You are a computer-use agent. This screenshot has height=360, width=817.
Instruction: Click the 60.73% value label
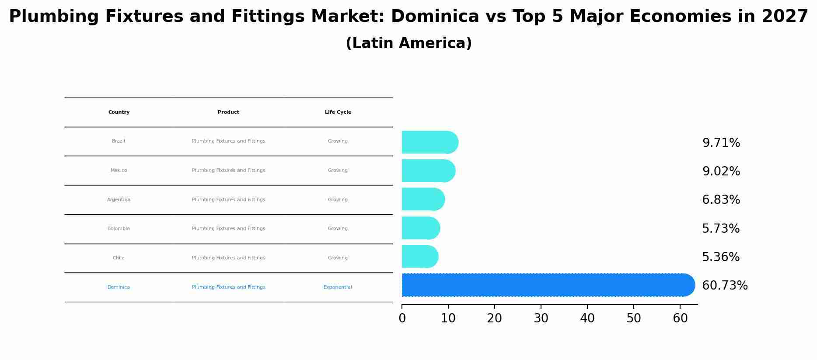click(x=725, y=286)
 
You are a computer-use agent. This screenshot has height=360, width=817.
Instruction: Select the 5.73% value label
click(x=721, y=229)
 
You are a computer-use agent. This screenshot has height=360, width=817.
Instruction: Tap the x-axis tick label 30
click(x=541, y=319)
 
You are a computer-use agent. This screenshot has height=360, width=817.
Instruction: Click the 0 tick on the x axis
click(x=402, y=319)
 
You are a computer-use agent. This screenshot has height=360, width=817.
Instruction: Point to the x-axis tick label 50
click(x=634, y=319)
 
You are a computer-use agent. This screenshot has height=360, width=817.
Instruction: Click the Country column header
click(x=119, y=112)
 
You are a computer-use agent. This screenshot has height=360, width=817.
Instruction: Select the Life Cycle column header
click(x=338, y=112)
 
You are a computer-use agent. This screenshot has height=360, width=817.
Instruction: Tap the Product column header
click(x=228, y=112)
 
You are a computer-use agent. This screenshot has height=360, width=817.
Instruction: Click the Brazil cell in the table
click(x=119, y=141)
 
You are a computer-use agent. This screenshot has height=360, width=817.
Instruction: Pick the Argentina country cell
click(x=119, y=200)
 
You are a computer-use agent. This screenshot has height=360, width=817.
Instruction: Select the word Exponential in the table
click(x=338, y=287)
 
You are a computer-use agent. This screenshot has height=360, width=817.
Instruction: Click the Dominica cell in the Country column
click(x=119, y=287)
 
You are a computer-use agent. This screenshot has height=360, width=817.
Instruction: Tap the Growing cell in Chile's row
click(x=338, y=258)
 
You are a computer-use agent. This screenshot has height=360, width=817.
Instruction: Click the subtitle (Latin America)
click(x=408, y=43)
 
